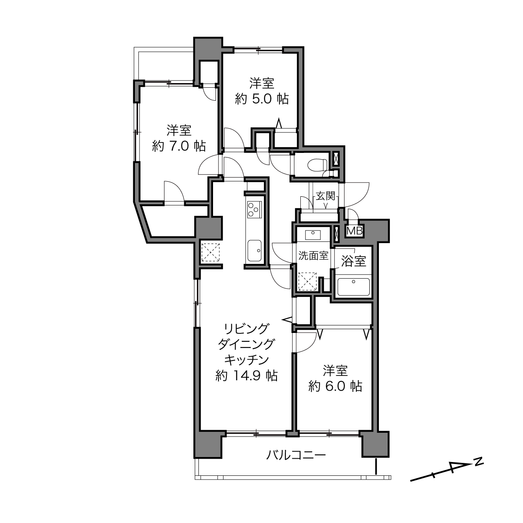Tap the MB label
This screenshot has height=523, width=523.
pyautogui.click(x=355, y=231)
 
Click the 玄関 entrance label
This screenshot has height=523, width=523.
pyautogui.click(x=325, y=195)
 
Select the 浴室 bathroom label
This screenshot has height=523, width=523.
pyautogui.click(x=353, y=261)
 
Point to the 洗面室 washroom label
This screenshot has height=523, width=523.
pyautogui.click(x=313, y=255)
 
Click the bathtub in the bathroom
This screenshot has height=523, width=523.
pyautogui.click(x=353, y=286)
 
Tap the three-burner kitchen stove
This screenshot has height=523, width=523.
pyautogui.click(x=254, y=210)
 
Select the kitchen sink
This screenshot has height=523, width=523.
pyautogui.click(x=254, y=250)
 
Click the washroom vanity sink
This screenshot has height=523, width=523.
pyautogui.click(x=313, y=234)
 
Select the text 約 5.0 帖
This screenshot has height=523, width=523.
pyautogui.click(x=261, y=99)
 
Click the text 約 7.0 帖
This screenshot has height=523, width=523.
pyautogui.click(x=179, y=146)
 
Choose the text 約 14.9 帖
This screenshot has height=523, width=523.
pyautogui.click(x=246, y=376)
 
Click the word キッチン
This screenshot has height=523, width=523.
pyautogui.click(x=246, y=360)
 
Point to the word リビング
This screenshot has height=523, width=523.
pyautogui.click(x=246, y=329)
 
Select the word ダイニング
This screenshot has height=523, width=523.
pyautogui.click(x=246, y=344)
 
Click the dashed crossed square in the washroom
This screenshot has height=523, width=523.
pyautogui.click(x=307, y=281)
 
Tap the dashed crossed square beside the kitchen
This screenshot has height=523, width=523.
pyautogui.click(x=211, y=252)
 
